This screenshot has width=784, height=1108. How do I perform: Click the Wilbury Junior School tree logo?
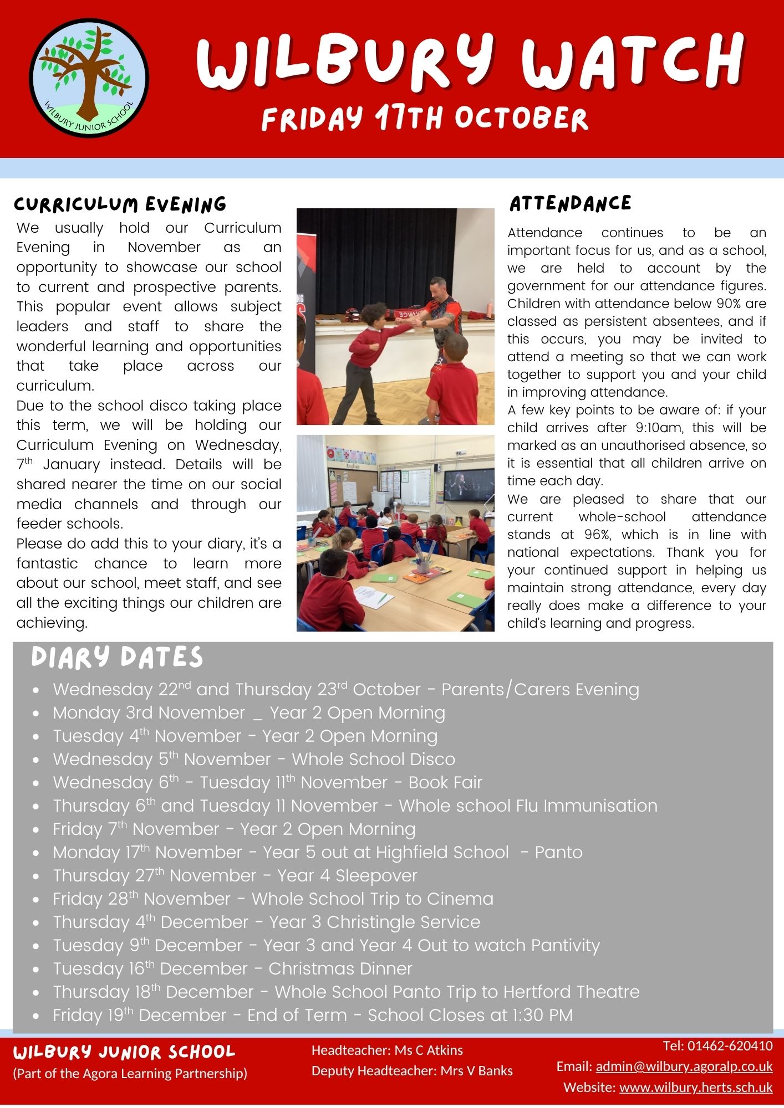pyautogui.click(x=89, y=78)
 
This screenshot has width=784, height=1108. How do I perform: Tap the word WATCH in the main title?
pyautogui.click(x=633, y=62)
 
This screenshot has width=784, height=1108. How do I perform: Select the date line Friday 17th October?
pyautogui.click(x=425, y=118)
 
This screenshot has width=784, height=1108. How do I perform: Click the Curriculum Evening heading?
pyautogui.click(x=120, y=204)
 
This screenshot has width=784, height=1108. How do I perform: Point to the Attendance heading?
pyautogui.click(x=570, y=203)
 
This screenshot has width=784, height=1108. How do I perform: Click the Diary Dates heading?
pyautogui.click(x=117, y=658)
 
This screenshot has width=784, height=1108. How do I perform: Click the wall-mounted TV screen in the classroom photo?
pyautogui.click(x=469, y=485)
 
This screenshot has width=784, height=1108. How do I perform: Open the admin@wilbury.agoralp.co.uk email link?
pyautogui.click(x=684, y=1066)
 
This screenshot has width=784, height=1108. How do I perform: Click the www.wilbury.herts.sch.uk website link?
pyautogui.click(x=695, y=1087)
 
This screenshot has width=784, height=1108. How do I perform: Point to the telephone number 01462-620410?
pyautogui.click(x=730, y=1046)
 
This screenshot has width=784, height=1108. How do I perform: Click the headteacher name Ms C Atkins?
pyautogui.click(x=429, y=1050)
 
